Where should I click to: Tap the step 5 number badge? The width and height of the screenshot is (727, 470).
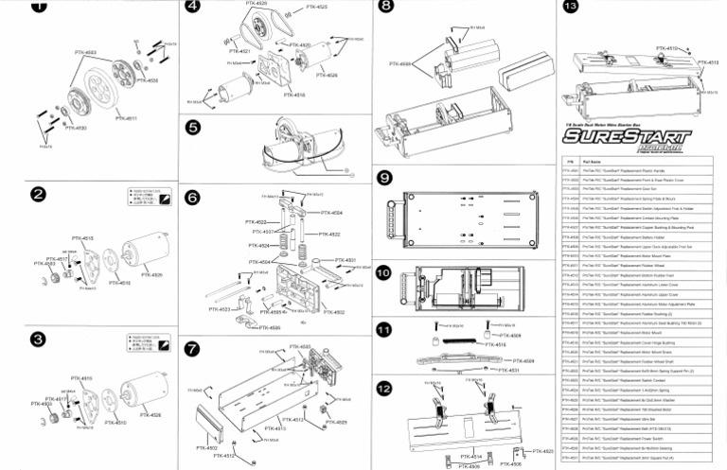pyautogui.click(x=193, y=128)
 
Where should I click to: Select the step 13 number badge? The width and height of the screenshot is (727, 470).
pyautogui.click(x=571, y=8)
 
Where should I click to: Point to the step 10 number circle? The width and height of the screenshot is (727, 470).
pyautogui.click(x=383, y=272)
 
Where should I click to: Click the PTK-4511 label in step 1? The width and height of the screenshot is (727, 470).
pyautogui.click(x=126, y=119)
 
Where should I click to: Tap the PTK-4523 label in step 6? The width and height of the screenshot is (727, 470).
pyautogui.click(x=220, y=309)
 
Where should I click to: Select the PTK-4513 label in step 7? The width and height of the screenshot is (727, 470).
pyautogui.click(x=294, y=419)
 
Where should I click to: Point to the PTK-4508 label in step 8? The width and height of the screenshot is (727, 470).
pyautogui.click(x=399, y=64)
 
